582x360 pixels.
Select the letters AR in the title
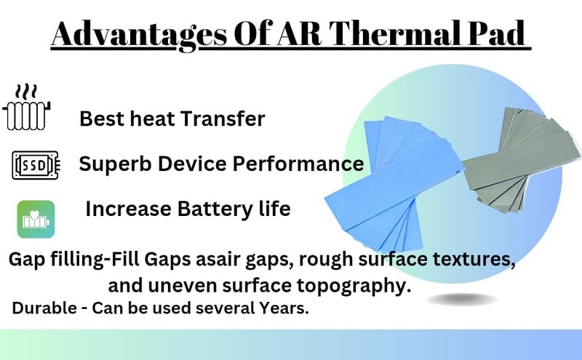299,33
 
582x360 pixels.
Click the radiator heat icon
26,108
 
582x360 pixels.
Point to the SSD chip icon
36,165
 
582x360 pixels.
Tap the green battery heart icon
36,220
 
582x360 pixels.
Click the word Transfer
223,119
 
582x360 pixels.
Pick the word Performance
298,164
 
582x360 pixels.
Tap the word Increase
129,209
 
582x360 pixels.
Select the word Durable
44,308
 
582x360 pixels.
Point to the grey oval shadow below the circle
462,299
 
